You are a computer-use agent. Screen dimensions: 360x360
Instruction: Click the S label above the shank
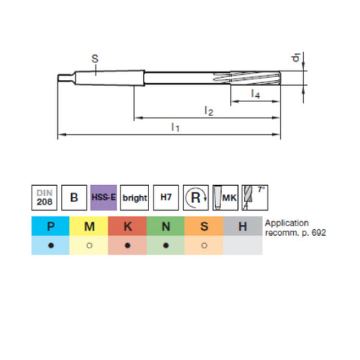click(95, 58)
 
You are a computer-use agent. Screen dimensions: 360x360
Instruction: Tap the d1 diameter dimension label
click(294, 58)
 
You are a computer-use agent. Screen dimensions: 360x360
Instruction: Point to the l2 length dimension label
click(208, 110)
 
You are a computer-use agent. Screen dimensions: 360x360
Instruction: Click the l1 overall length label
click(175, 127)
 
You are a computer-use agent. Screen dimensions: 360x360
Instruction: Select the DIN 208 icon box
click(44, 198)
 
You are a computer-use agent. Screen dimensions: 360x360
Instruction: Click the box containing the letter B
click(73, 198)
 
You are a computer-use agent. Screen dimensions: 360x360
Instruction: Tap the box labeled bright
click(134, 198)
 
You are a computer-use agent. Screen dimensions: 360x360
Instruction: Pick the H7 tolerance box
click(166, 198)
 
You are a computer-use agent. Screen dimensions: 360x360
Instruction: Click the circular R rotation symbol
click(195, 198)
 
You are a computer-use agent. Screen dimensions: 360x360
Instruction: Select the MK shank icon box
click(225, 198)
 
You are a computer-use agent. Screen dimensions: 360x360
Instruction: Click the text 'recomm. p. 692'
click(295, 232)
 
